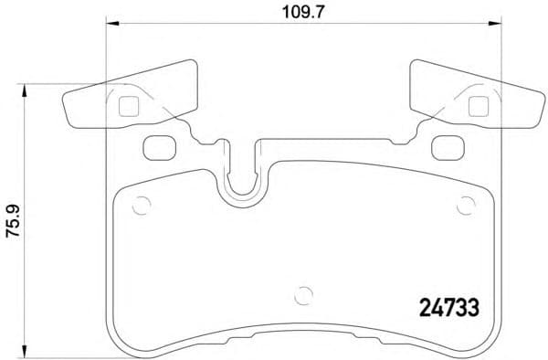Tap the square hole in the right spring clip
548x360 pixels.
pyautogui.click(x=476, y=105)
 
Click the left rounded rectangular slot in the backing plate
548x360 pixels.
pyautogui.click(x=160, y=145)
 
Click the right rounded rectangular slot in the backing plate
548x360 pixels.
pyautogui.click(x=445, y=145)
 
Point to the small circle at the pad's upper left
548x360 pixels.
pyautogui.click(x=140, y=206)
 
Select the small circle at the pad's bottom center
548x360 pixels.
pyautogui.click(x=302, y=297)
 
